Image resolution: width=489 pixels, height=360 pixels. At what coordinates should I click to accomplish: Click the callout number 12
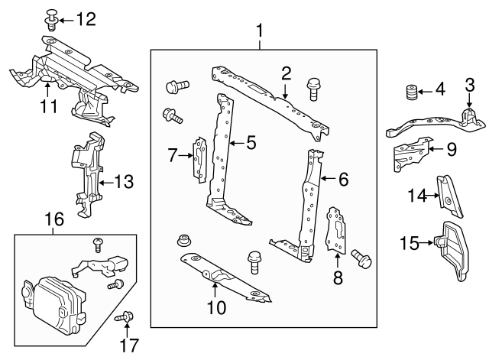[x=86, y=20]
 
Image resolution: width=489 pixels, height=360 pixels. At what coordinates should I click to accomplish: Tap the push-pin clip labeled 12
[x=51, y=21]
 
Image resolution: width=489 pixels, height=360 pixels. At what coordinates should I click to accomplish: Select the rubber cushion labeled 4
[x=411, y=92]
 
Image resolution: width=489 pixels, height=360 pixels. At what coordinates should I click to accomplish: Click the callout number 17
[x=129, y=345]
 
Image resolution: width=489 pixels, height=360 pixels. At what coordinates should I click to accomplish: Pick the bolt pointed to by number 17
[x=125, y=317]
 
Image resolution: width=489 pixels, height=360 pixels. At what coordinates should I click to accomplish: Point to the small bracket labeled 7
[x=200, y=160]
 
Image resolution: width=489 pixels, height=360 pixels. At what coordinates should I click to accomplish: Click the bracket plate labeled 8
[x=336, y=230]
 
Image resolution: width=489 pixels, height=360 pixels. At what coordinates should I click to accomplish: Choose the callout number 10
[x=216, y=308]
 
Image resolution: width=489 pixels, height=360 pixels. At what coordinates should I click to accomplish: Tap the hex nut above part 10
[x=184, y=241]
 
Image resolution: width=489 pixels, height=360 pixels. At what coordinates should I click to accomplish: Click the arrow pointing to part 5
[x=237, y=143]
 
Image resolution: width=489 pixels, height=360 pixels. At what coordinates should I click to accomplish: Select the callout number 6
[x=343, y=180]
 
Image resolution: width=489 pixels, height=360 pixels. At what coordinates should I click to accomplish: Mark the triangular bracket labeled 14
[x=449, y=196]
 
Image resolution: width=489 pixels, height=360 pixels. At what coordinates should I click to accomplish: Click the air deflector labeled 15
[x=452, y=250]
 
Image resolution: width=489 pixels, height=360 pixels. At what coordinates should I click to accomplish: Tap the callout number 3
[x=470, y=85]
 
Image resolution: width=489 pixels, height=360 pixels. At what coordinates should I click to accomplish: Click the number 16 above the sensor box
[x=54, y=219]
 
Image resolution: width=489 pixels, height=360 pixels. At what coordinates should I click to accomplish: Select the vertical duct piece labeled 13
[x=89, y=175]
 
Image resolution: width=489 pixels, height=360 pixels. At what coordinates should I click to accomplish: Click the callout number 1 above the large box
[x=260, y=31]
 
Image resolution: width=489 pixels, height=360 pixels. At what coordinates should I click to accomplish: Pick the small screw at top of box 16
[x=99, y=245]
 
